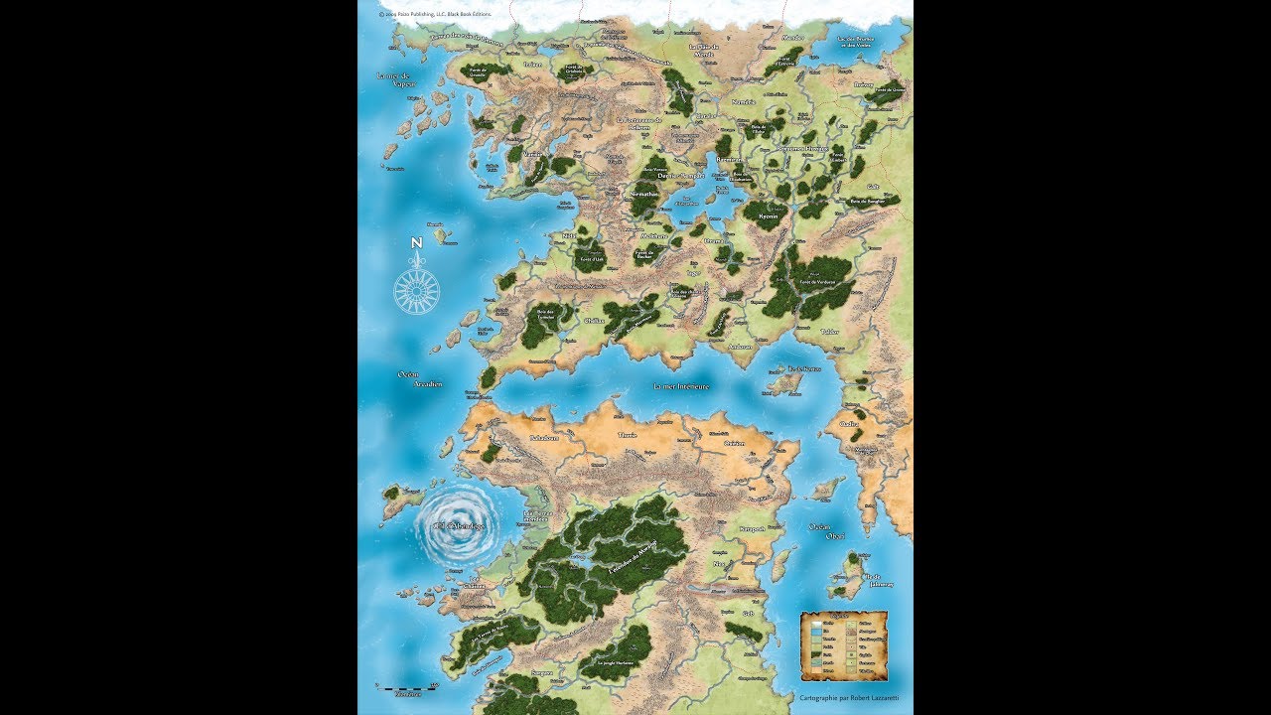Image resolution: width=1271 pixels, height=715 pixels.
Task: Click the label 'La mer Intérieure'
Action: click(680, 385)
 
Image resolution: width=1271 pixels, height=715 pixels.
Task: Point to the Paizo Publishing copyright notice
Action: click(434, 15)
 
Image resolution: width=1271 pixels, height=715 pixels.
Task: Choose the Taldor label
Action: click(829, 332)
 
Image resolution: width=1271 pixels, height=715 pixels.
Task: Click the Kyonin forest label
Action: click(768, 215)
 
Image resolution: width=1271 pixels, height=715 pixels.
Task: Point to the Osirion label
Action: click(734, 443)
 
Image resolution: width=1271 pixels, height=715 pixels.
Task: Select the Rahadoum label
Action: click(544, 438)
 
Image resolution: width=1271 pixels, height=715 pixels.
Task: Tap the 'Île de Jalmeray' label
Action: click(872, 579)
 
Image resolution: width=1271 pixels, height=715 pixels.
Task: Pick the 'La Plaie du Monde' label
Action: click(702, 49)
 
